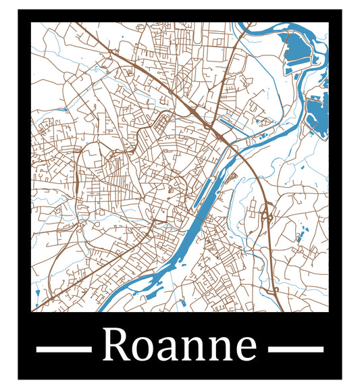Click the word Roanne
coord(180,346)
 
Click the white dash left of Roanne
coord(63,349)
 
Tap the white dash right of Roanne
coord(296,349)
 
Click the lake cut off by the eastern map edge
coord(317,116)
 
